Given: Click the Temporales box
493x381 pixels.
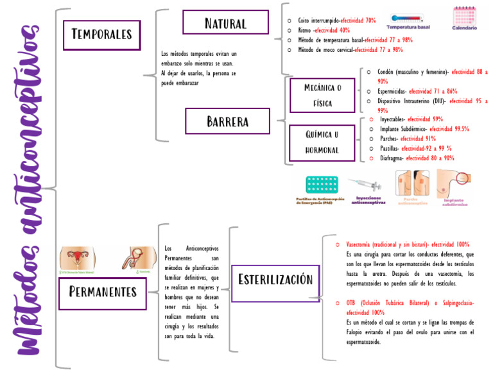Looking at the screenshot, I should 101,35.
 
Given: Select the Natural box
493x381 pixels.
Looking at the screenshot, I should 225,23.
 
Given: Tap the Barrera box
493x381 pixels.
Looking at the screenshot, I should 227,121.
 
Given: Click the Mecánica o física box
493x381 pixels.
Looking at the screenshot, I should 322,95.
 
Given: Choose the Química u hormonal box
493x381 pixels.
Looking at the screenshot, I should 322,142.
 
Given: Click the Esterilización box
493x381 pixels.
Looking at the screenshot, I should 275,280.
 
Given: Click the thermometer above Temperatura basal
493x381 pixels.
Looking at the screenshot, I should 408,18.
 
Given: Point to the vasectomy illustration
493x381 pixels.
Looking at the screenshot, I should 135,258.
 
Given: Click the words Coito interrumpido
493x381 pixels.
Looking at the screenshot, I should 319,21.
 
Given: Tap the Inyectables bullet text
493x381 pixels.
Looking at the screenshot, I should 392,119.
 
